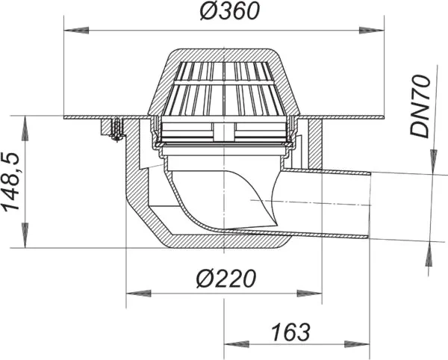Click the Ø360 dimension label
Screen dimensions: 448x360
[x=230, y=12]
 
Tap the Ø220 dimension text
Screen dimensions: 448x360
[x=226, y=279]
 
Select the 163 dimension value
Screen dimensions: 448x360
[x=291, y=332]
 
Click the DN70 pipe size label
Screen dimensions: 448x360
[x=420, y=106]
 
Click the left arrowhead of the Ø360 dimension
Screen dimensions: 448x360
[x=77, y=31]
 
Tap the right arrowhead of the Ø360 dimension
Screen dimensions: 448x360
[x=371, y=31]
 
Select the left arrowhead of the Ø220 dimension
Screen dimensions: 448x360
[x=139, y=294]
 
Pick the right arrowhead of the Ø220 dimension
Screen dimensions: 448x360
[x=309, y=294]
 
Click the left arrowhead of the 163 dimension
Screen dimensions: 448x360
[x=237, y=344]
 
